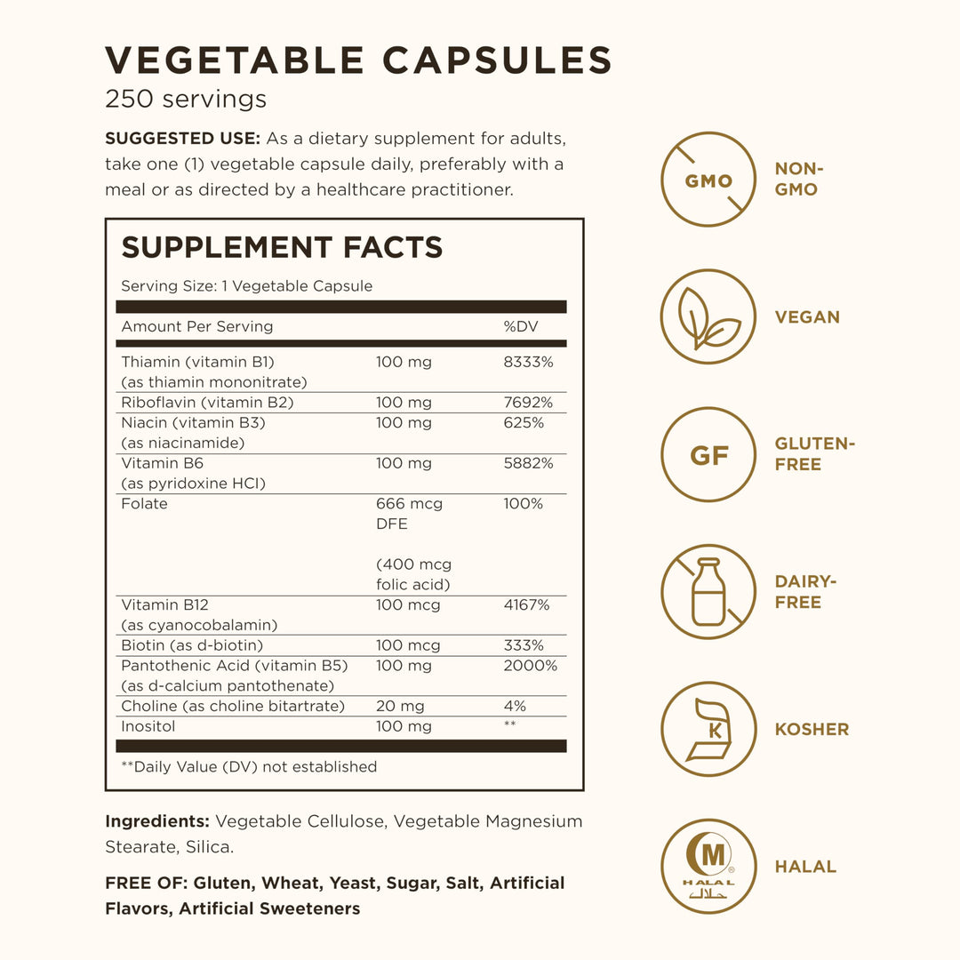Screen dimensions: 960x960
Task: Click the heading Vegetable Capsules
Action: point(358,60)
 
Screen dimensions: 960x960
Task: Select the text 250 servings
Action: point(186,99)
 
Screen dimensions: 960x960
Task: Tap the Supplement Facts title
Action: point(282,247)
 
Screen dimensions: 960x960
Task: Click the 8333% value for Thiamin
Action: point(528,363)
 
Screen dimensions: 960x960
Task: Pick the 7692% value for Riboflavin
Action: point(528,403)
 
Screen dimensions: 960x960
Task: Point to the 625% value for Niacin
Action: point(524,423)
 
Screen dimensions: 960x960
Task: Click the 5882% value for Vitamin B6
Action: point(528,463)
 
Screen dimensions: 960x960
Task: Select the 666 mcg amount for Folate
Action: point(409,504)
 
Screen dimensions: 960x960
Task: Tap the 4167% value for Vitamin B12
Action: point(526,605)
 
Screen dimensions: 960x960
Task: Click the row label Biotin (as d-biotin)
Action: point(192,645)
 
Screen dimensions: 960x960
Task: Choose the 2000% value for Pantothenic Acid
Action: point(530,666)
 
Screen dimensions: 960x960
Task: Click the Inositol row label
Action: point(148,726)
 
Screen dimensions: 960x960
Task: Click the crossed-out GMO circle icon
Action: point(708,180)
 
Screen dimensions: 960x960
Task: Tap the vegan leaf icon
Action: point(708,317)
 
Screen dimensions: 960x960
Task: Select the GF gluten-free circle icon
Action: point(708,455)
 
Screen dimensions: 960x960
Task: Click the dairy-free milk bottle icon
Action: point(708,592)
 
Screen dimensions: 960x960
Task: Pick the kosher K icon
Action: point(708,730)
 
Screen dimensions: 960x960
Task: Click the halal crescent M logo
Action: point(708,867)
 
